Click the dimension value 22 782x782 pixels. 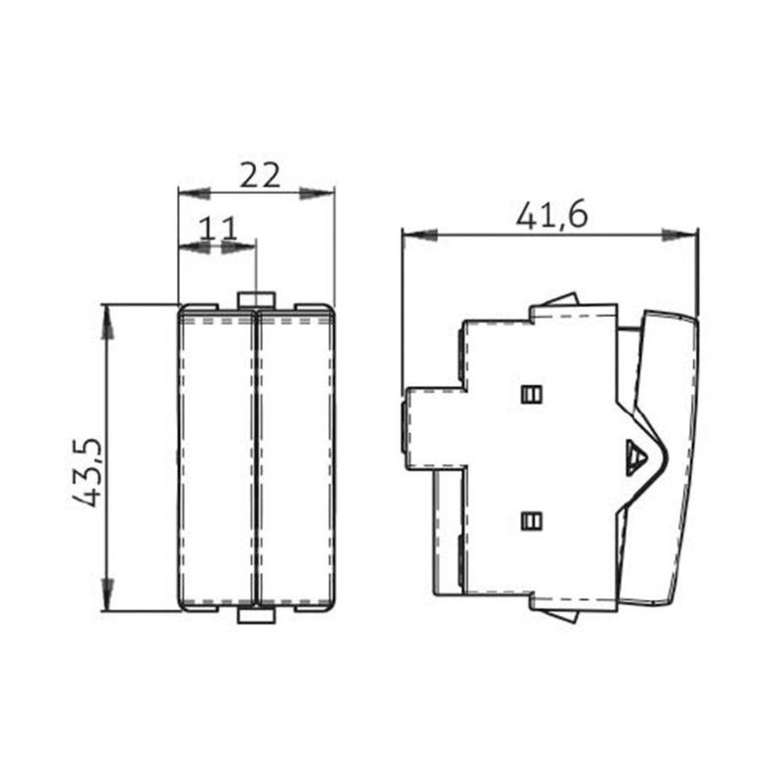coord(260,176)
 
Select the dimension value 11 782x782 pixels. coord(218,229)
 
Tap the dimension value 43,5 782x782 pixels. coord(89,471)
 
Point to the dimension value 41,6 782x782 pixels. coord(551,216)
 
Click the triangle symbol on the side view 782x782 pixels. coord(635,456)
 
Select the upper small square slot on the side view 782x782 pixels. coord(532,394)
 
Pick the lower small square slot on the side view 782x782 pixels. coord(532,521)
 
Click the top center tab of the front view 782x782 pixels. coord(255,299)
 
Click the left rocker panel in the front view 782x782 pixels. coord(216,457)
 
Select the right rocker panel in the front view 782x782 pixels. coord(293,457)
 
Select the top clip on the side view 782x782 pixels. coord(561,298)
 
